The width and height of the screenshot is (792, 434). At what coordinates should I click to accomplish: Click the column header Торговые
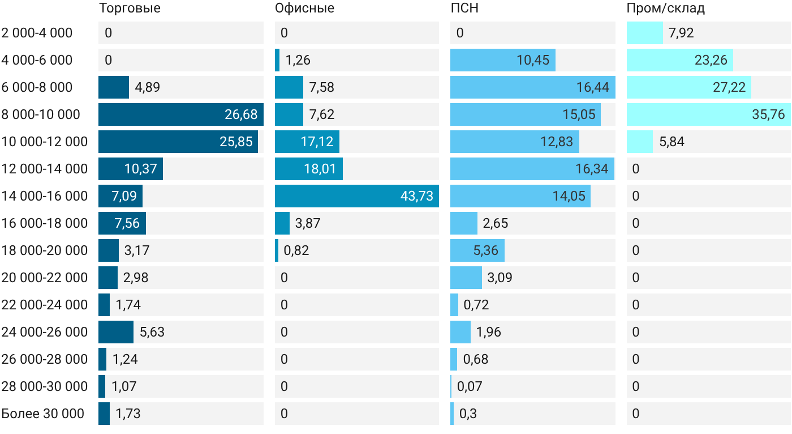click(x=130, y=8)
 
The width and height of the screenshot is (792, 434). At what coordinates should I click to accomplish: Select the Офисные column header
click(x=304, y=8)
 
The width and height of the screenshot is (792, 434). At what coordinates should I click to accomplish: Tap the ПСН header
click(x=464, y=8)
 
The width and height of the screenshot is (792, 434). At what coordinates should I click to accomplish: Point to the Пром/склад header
click(x=666, y=8)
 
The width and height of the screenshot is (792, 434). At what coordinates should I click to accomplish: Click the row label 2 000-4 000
click(x=37, y=33)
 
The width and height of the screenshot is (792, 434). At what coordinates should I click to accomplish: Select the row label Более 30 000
click(x=43, y=414)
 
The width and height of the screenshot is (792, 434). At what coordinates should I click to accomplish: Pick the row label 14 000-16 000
click(x=45, y=196)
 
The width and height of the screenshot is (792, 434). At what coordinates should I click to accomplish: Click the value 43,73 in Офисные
click(x=416, y=196)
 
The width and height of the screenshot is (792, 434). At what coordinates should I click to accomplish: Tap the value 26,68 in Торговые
click(x=241, y=114)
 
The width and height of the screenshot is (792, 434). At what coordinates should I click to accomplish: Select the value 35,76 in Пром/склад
click(x=768, y=114)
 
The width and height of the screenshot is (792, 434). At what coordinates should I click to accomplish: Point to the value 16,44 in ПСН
click(x=593, y=87)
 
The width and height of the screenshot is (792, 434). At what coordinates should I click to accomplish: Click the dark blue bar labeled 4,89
click(x=114, y=87)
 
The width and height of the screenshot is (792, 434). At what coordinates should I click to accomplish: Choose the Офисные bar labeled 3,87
click(x=282, y=223)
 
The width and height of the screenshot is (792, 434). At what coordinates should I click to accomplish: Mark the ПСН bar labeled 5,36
click(x=477, y=250)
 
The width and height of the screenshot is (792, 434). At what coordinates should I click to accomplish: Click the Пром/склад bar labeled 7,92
click(x=645, y=33)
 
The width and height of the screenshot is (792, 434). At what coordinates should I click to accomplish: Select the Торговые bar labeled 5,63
click(x=116, y=332)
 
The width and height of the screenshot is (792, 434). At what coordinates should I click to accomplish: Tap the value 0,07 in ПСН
click(x=470, y=386)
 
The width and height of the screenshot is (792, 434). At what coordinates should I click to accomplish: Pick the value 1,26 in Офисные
click(x=298, y=60)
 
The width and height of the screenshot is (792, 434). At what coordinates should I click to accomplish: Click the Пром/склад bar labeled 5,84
click(x=640, y=142)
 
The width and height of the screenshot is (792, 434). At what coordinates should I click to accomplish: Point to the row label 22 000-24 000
click(x=45, y=305)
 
